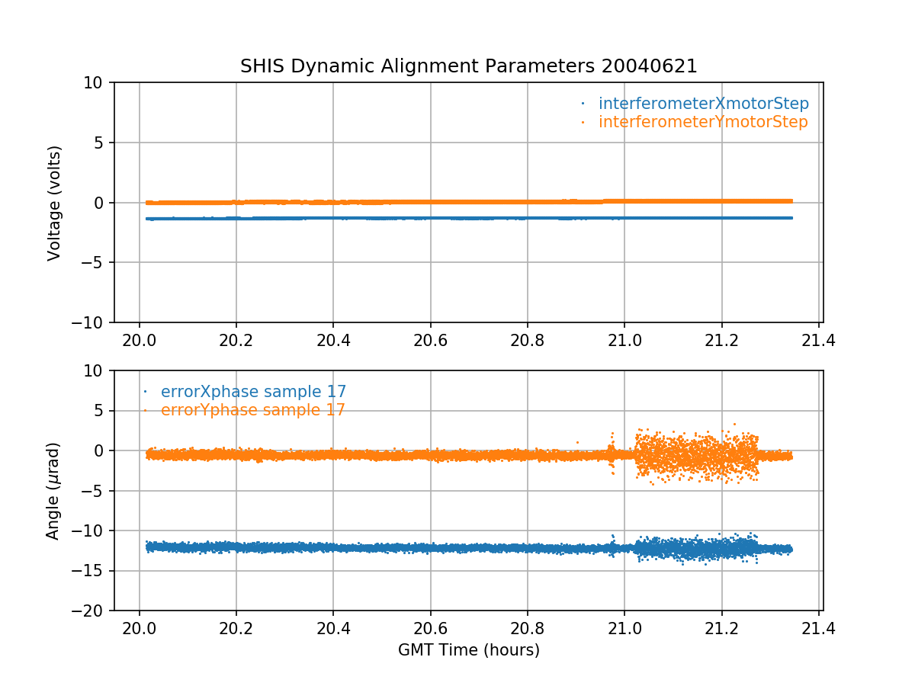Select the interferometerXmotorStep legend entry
tap(703, 104)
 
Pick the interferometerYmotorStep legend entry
tap(702, 122)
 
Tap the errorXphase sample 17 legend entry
tap(253, 392)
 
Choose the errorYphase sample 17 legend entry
tap(252, 410)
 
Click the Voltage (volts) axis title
tap(54, 203)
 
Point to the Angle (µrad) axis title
tap(53, 491)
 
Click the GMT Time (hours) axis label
tap(469, 650)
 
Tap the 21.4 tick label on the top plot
tap(819, 339)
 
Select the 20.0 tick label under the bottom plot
tap(139, 627)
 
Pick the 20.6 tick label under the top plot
tap(430, 339)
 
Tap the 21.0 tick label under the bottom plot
tap(624, 627)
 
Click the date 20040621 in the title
tap(650, 66)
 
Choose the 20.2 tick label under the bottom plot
tap(236, 627)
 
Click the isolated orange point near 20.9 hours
tap(577, 442)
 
